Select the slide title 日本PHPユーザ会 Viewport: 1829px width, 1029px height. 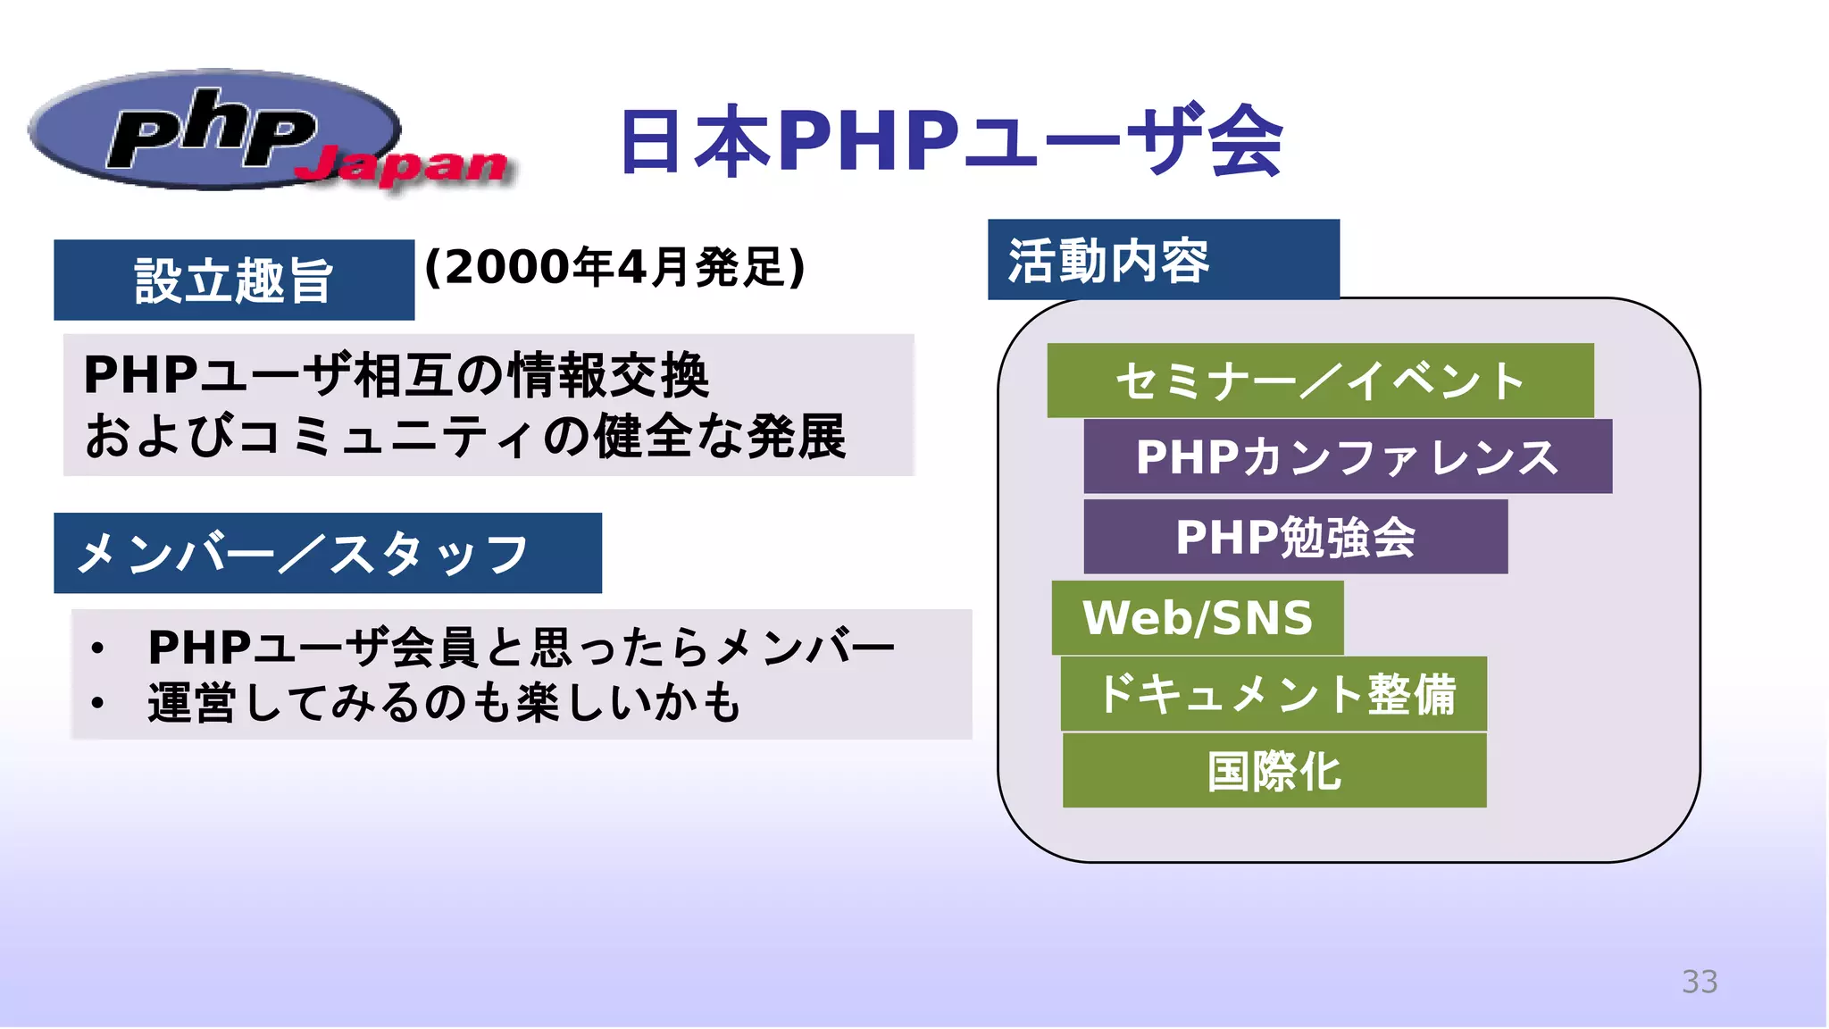(950, 140)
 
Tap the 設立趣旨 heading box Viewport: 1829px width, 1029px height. (234, 280)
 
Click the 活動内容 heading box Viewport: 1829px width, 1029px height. (1163, 260)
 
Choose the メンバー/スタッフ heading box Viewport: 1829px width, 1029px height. (327, 553)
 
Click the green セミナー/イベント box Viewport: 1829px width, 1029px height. (1319, 381)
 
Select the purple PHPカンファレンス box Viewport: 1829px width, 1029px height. (1347, 456)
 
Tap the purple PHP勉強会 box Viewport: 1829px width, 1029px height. (1295, 537)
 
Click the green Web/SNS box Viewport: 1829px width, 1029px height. (1197, 618)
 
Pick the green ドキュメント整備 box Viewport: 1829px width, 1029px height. (1274, 694)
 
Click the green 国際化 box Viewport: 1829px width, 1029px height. (1274, 771)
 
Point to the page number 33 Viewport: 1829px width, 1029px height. (1699, 982)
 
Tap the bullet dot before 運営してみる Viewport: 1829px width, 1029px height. (97, 703)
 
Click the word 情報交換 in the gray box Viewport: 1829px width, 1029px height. (608, 375)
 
